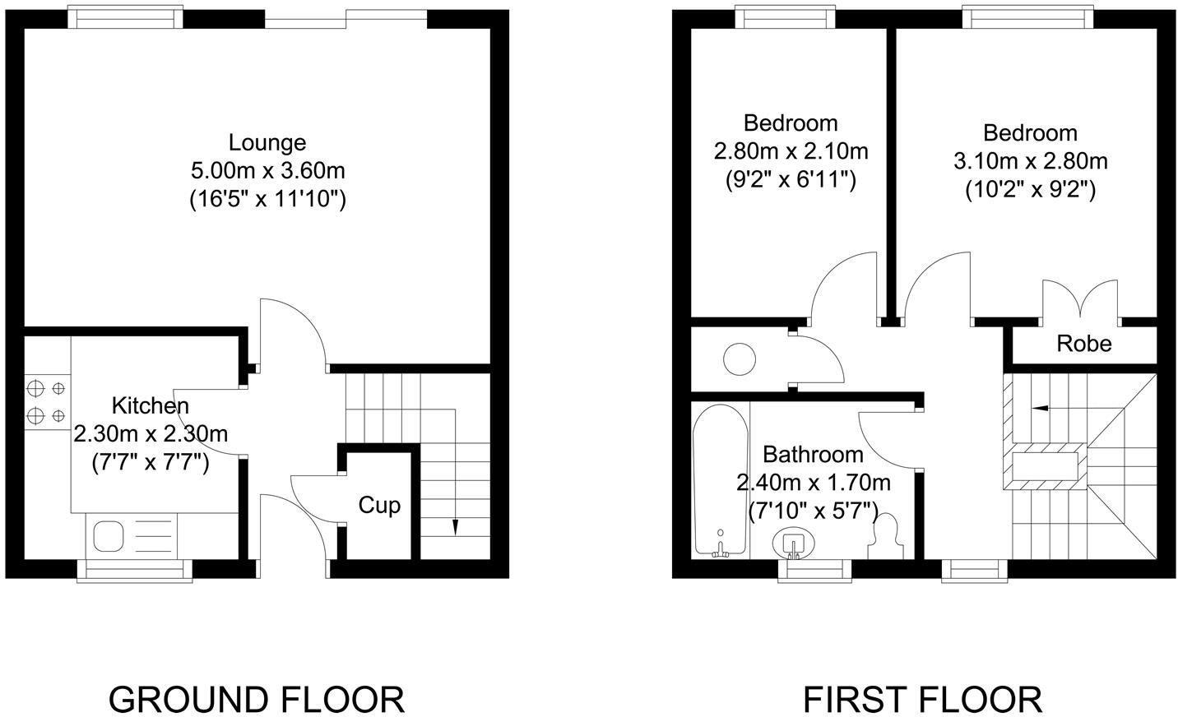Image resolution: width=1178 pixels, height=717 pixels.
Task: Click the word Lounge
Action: pyautogui.click(x=267, y=142)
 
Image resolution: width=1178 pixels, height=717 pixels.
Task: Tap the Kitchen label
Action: pyautogui.click(x=150, y=405)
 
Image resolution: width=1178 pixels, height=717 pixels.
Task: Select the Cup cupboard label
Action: pyautogui.click(x=379, y=505)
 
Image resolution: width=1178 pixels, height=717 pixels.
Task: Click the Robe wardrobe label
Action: pyautogui.click(x=1084, y=343)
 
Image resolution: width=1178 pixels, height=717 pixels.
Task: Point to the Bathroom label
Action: pyautogui.click(x=813, y=454)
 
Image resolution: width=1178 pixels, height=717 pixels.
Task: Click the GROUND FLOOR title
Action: pyautogui.click(x=257, y=700)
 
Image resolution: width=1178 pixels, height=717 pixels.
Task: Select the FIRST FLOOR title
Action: pyautogui.click(x=922, y=700)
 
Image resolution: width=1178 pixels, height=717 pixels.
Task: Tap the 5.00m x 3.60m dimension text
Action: pyautogui.click(x=267, y=171)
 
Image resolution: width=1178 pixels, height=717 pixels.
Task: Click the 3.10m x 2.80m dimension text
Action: pyautogui.click(x=1030, y=161)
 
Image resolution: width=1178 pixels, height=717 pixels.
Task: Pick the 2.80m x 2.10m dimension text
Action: pyautogui.click(x=791, y=151)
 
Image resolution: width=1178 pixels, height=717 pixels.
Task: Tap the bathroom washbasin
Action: pyautogui.click(x=794, y=543)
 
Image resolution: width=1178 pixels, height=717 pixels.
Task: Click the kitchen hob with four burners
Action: pyautogui.click(x=46, y=401)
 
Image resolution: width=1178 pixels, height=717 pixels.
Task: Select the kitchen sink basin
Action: pyautogui.click(x=109, y=537)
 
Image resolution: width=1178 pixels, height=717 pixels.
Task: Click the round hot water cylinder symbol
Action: pyautogui.click(x=739, y=359)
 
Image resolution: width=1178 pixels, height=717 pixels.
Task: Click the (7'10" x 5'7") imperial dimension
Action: pyautogui.click(x=813, y=510)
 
